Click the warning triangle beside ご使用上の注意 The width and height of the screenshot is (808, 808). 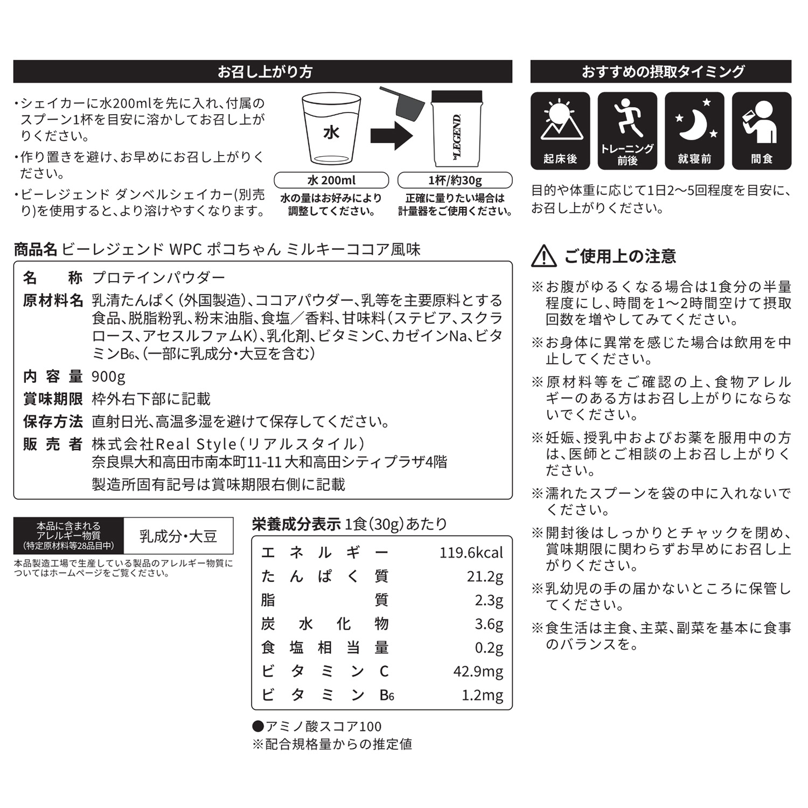tap(544, 256)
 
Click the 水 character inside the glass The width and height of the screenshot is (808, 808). tap(331, 133)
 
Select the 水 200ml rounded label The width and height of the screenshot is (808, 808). tap(331, 180)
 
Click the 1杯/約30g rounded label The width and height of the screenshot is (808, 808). tap(455, 180)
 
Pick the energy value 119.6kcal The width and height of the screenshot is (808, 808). tap(471, 553)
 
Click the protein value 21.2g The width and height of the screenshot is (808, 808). tap(485, 576)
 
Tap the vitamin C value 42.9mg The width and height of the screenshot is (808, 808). tap(478, 671)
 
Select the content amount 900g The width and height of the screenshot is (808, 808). tap(108, 377)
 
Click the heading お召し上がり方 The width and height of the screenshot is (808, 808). tap(264, 72)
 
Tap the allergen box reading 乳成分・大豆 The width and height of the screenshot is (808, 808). tap(178, 536)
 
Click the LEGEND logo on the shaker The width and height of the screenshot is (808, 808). tap(457, 136)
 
